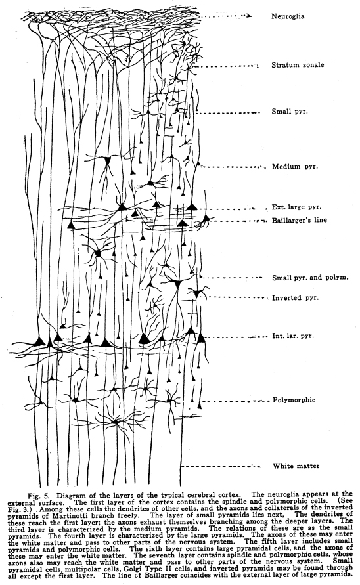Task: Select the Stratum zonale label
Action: point(299,66)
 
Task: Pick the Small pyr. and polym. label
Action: point(309,278)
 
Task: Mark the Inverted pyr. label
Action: point(295,298)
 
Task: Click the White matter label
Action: point(296,466)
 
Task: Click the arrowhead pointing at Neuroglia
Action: point(250,14)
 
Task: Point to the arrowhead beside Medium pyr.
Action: point(265,167)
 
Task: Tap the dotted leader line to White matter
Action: point(223,466)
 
